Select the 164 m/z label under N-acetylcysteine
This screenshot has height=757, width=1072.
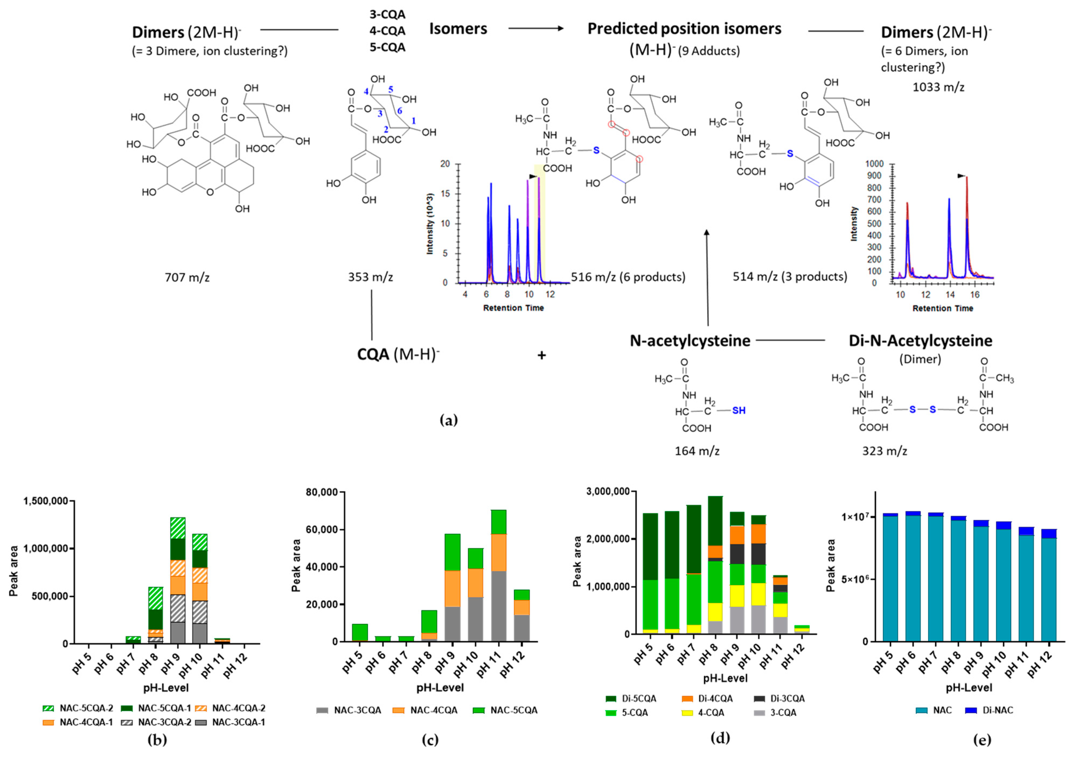click(697, 451)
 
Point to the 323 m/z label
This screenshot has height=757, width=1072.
click(884, 451)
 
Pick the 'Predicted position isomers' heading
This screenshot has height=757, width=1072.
click(684, 29)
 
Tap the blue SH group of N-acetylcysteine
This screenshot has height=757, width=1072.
click(739, 411)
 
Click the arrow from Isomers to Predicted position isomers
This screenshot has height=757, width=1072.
click(536, 29)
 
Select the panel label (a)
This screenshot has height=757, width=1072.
click(449, 420)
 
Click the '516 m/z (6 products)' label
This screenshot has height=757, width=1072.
click(628, 277)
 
